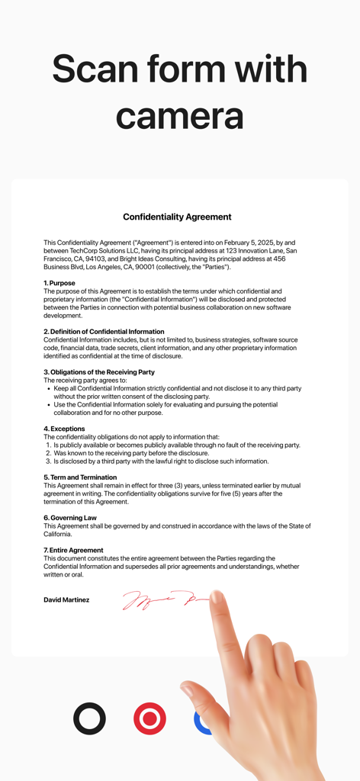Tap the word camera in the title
(179, 116)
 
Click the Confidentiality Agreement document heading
(177, 217)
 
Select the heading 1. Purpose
(59, 283)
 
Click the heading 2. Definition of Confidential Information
(104, 332)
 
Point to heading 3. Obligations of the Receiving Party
(99, 372)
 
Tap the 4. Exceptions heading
(64, 429)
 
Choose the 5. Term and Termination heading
(80, 477)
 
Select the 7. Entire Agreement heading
(73, 550)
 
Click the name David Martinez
(66, 600)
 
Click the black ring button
(89, 718)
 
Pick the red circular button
(149, 718)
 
